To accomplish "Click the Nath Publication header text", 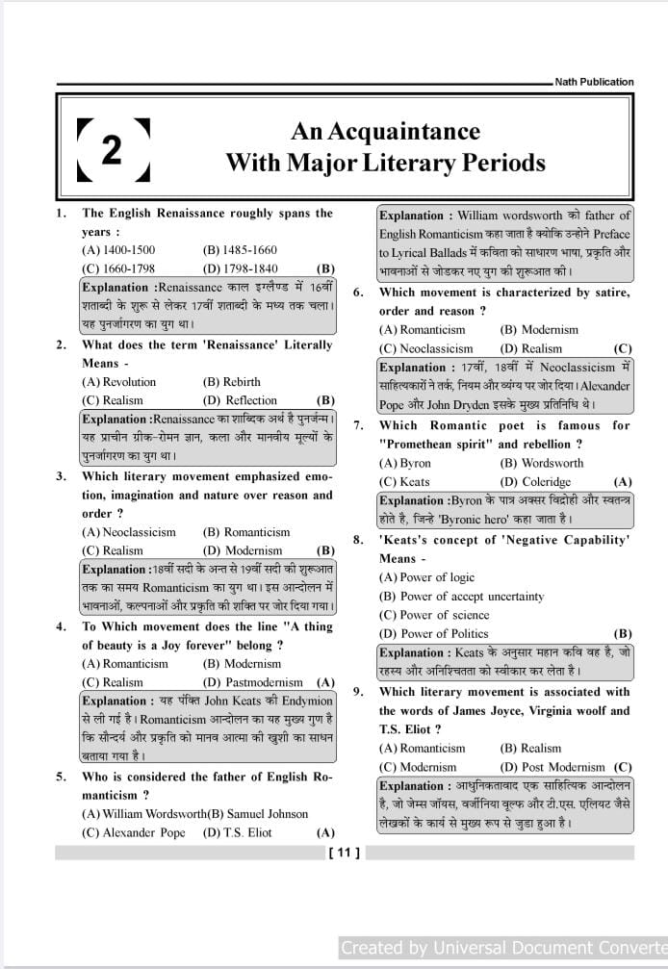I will (x=594, y=82).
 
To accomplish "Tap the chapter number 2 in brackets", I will (x=113, y=149).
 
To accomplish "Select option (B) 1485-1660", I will (x=240, y=250).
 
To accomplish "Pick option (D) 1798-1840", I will (x=240, y=268).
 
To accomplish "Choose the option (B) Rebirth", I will (x=232, y=382).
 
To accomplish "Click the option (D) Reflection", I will (x=240, y=400).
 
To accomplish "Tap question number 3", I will (x=61, y=476).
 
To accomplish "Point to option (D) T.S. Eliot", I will (x=238, y=832).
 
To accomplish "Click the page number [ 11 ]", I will (x=344, y=852).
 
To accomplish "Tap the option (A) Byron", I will (x=405, y=463).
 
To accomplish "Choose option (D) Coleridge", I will (x=535, y=481).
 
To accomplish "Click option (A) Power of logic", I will (x=426, y=577).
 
